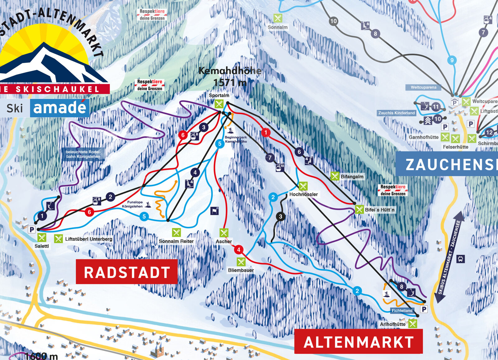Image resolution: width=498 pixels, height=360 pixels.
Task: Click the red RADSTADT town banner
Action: pyautogui.click(x=127, y=272)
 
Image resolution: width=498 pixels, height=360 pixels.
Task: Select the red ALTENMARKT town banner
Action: pyautogui.click(x=358, y=342)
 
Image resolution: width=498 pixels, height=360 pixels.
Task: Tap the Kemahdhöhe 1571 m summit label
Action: pyautogui.click(x=230, y=77)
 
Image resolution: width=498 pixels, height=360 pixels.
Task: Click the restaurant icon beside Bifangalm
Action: pyautogui.click(x=335, y=176)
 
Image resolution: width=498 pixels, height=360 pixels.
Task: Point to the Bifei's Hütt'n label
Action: pyautogui.click(x=379, y=210)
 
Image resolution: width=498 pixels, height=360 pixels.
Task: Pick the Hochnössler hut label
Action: pyautogui.click(x=303, y=194)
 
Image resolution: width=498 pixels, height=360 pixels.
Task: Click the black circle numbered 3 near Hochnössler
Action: pyautogui.click(x=280, y=216)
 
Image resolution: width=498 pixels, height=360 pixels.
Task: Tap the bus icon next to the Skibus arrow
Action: pyautogui.click(x=460, y=259)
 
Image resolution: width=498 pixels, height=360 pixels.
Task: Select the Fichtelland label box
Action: pyautogui.click(x=402, y=310)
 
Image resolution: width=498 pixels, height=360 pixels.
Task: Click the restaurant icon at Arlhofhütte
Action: pyautogui.click(x=412, y=324)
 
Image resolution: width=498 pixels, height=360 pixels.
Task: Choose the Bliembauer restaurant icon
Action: pyautogui.click(x=241, y=262)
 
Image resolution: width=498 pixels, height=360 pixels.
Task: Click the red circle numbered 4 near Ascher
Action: pyautogui.click(x=238, y=249)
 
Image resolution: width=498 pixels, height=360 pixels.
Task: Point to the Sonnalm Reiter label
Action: pyautogui.click(x=176, y=241)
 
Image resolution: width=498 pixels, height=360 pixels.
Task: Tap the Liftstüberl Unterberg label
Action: pyautogui.click(x=89, y=239)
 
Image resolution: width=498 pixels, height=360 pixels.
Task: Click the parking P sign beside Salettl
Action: pyautogui.click(x=31, y=230)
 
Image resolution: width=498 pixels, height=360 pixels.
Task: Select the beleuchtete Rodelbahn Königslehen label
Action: pyautogui.click(x=83, y=154)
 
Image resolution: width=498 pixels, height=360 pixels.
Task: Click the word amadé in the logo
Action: pyautogui.click(x=59, y=108)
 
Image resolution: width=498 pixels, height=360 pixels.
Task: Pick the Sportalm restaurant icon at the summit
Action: pyautogui.click(x=219, y=104)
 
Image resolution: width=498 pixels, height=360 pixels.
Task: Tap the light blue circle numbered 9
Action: pyautogui.click(x=452, y=60)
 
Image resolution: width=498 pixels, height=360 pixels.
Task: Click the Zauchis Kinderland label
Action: pyautogui.click(x=397, y=113)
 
